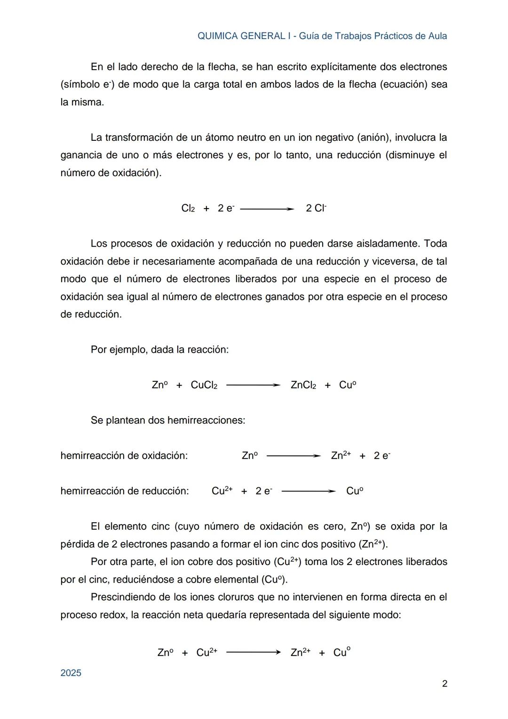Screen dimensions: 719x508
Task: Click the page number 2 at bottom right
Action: (444, 684)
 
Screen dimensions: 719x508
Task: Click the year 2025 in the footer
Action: (71, 673)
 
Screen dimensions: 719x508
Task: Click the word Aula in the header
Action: (437, 36)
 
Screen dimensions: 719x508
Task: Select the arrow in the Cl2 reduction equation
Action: (267, 209)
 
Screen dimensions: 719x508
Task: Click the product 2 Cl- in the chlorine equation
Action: (316, 208)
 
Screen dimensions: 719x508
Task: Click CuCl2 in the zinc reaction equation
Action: (204, 385)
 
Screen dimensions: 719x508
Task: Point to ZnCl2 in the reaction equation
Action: (303, 385)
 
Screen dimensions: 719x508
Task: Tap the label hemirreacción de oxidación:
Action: (124, 456)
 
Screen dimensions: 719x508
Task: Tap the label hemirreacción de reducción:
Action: (125, 491)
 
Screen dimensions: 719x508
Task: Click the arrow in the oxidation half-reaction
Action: (293, 456)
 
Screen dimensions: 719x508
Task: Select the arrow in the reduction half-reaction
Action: (308, 491)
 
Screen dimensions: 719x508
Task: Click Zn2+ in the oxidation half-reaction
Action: (341, 455)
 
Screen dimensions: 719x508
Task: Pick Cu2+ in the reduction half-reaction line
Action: (222, 491)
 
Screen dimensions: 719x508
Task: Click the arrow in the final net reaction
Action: (253, 653)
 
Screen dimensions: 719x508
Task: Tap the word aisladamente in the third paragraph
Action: (387, 243)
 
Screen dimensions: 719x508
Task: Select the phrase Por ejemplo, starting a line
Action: (119, 350)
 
